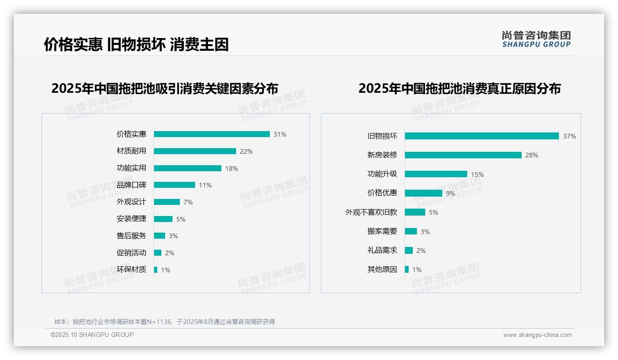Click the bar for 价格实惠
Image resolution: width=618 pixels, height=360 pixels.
pyautogui.click(x=212, y=134)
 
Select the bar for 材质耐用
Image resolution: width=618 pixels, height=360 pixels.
pyautogui.click(x=195, y=151)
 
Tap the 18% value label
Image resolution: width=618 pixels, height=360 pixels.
pyautogui.click(x=232, y=168)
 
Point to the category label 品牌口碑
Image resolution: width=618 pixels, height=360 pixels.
pyautogui.click(x=131, y=185)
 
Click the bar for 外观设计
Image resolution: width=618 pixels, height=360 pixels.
pyautogui.click(x=166, y=202)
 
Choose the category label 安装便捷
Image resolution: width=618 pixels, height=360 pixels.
pyautogui.click(x=131, y=219)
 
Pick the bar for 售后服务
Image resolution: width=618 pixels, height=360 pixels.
pyautogui.click(x=159, y=236)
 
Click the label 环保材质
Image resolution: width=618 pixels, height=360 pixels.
pyautogui.click(x=131, y=270)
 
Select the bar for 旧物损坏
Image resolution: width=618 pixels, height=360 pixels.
pyautogui.click(x=481, y=136)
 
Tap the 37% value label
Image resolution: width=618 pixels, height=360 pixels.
pyautogui.click(x=570, y=136)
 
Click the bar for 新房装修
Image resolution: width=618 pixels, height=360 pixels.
pyautogui.click(x=463, y=155)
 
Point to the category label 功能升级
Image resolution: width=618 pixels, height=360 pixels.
pyautogui.click(x=382, y=174)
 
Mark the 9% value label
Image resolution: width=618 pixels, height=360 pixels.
pyautogui.click(x=451, y=193)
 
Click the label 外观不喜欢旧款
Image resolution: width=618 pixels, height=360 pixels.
pyautogui.click(x=371, y=212)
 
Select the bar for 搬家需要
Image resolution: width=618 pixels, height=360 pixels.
pyautogui.click(x=411, y=231)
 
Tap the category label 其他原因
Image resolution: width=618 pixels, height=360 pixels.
pyautogui.click(x=382, y=270)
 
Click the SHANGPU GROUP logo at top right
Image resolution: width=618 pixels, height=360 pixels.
pyautogui.click(x=536, y=39)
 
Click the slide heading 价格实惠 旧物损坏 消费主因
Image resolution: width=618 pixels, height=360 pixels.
pyautogui.click(x=137, y=44)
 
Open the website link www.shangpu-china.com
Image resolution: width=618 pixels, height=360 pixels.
pyautogui.click(x=537, y=335)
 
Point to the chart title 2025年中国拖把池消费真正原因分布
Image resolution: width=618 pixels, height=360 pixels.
pyautogui.click(x=459, y=89)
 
